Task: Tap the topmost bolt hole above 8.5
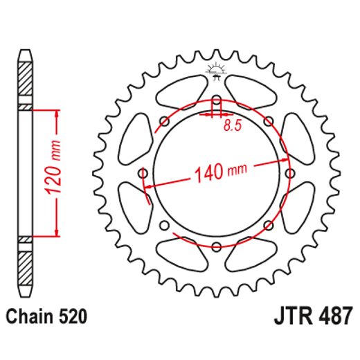(216, 98)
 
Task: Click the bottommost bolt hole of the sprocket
(216, 246)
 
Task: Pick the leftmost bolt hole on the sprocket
(143, 172)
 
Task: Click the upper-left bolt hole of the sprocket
(164, 120)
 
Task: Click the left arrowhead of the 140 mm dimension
(147, 186)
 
